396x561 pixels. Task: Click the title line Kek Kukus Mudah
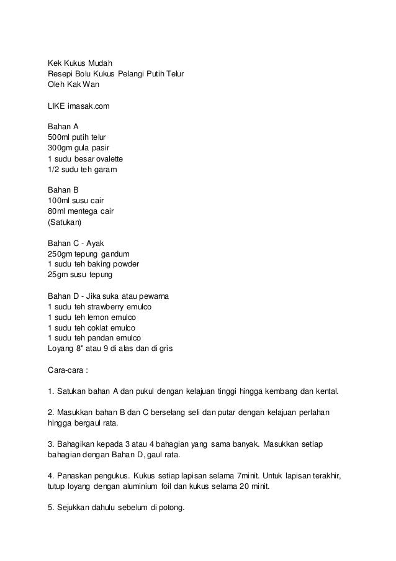click(80, 63)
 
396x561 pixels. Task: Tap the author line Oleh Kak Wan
click(73, 84)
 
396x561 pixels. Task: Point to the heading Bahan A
click(63, 127)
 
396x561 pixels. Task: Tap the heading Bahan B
click(63, 190)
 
